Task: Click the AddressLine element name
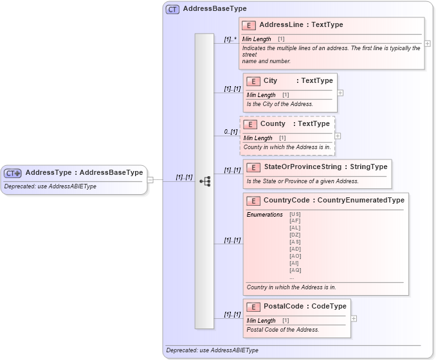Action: click(x=282, y=25)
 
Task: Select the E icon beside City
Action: click(x=253, y=81)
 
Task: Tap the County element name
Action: click(x=273, y=123)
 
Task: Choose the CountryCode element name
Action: click(x=286, y=201)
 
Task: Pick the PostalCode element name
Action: click(x=284, y=307)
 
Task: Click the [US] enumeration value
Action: click(x=295, y=214)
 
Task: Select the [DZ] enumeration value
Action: click(x=295, y=235)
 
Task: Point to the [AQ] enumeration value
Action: click(x=295, y=270)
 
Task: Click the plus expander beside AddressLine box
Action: click(x=428, y=44)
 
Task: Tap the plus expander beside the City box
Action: click(x=340, y=93)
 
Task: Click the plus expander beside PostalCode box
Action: click(x=354, y=318)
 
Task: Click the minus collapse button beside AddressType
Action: click(x=150, y=180)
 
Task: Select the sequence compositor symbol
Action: click(x=204, y=181)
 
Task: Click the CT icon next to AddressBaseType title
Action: click(x=172, y=10)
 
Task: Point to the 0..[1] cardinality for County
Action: click(x=230, y=132)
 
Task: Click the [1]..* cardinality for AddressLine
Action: click(x=230, y=39)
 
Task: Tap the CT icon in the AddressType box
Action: click(x=12, y=173)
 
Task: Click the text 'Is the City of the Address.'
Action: click(x=280, y=104)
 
